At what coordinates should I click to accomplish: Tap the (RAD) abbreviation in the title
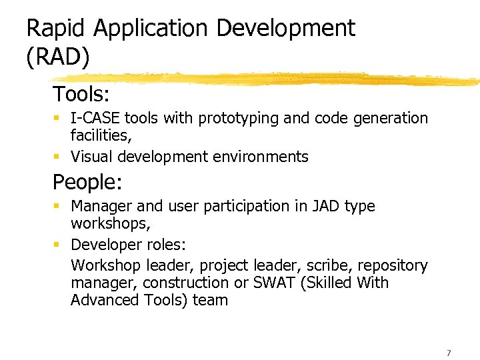(x=57, y=57)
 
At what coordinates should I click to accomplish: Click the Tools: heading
(x=81, y=93)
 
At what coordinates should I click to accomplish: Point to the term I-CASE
(x=95, y=119)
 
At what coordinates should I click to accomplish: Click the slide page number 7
(x=449, y=353)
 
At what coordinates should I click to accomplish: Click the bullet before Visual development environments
(x=57, y=157)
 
